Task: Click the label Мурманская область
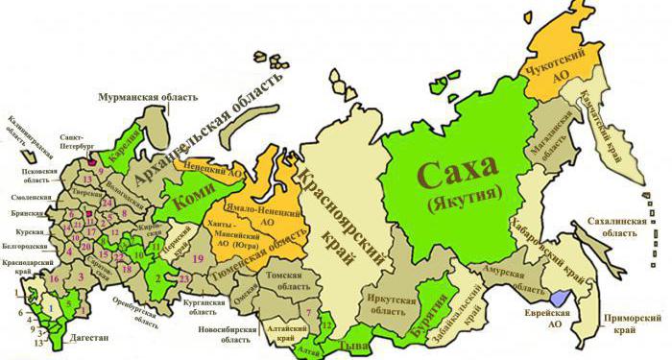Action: [x=148, y=97]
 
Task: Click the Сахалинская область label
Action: [x=607, y=228]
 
